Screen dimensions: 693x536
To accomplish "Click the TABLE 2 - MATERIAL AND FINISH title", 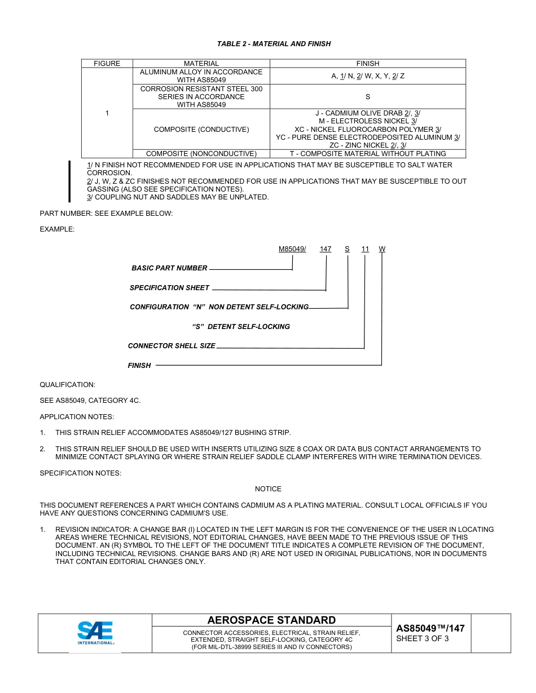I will (274, 44).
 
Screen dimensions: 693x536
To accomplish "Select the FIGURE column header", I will (107, 64).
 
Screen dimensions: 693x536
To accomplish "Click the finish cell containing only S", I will (367, 97).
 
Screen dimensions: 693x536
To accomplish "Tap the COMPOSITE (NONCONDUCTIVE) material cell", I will (201, 154).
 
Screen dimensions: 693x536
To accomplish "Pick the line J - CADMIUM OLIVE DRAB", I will (367, 113).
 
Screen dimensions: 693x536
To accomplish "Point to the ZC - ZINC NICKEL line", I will (367, 145).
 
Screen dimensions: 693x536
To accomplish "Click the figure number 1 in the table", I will (107, 113).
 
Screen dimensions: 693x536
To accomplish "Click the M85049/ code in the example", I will (292, 249).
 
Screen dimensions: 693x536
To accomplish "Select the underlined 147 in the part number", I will (326, 249).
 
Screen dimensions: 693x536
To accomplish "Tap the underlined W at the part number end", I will (382, 249).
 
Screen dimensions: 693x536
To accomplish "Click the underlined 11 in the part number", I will (365, 249).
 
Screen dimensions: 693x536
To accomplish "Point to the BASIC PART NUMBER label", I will (169, 268).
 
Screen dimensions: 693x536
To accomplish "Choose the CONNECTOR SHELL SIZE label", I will (172, 346).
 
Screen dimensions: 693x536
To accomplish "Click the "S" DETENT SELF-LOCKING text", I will (241, 327).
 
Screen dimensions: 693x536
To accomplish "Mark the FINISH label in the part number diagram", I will (139, 366).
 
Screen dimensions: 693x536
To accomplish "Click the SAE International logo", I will (95, 633).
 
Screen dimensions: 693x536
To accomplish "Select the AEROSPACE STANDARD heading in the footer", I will (271, 620).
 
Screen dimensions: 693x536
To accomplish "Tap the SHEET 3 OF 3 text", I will (422, 639).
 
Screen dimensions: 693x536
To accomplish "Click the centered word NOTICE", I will (268, 489).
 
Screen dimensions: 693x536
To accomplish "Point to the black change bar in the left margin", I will (69, 181).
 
